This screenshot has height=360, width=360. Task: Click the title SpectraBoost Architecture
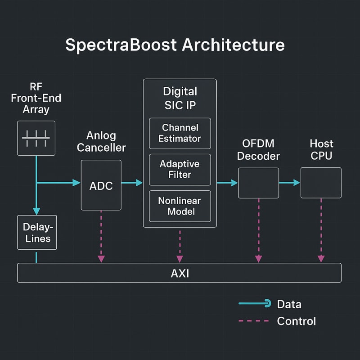175,46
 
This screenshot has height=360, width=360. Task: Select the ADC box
101,185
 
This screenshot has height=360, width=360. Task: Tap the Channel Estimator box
180,133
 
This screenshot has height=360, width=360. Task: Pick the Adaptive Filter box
180,170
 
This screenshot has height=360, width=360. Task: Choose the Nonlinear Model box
180,206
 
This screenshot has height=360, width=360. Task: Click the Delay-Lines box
37,232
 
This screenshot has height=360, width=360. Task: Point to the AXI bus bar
180,273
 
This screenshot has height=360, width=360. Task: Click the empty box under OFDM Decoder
258,183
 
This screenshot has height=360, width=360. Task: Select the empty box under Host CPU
321,183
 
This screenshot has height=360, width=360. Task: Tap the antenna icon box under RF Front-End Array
36,138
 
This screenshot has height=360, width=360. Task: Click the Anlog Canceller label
101,141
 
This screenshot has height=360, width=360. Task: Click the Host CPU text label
321,150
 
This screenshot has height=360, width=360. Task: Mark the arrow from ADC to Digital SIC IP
132,183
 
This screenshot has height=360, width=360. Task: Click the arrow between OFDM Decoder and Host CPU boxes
289,183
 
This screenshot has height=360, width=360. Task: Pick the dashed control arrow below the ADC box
101,236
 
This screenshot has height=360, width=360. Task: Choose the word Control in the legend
296,321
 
